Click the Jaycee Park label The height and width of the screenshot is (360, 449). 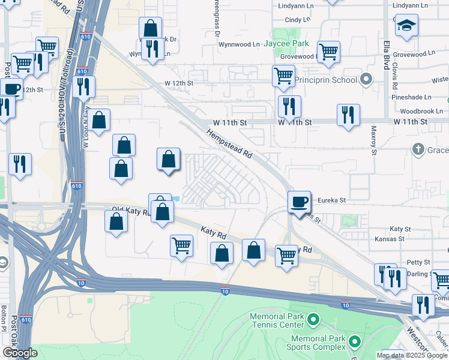[x=292, y=44]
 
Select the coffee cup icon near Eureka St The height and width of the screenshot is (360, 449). [x=299, y=202]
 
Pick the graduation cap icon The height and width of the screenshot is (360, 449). [x=406, y=26]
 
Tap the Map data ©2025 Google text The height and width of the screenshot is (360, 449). [x=411, y=355]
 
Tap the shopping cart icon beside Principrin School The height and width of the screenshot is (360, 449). [x=283, y=76]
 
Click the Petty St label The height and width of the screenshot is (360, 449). [x=419, y=263]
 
